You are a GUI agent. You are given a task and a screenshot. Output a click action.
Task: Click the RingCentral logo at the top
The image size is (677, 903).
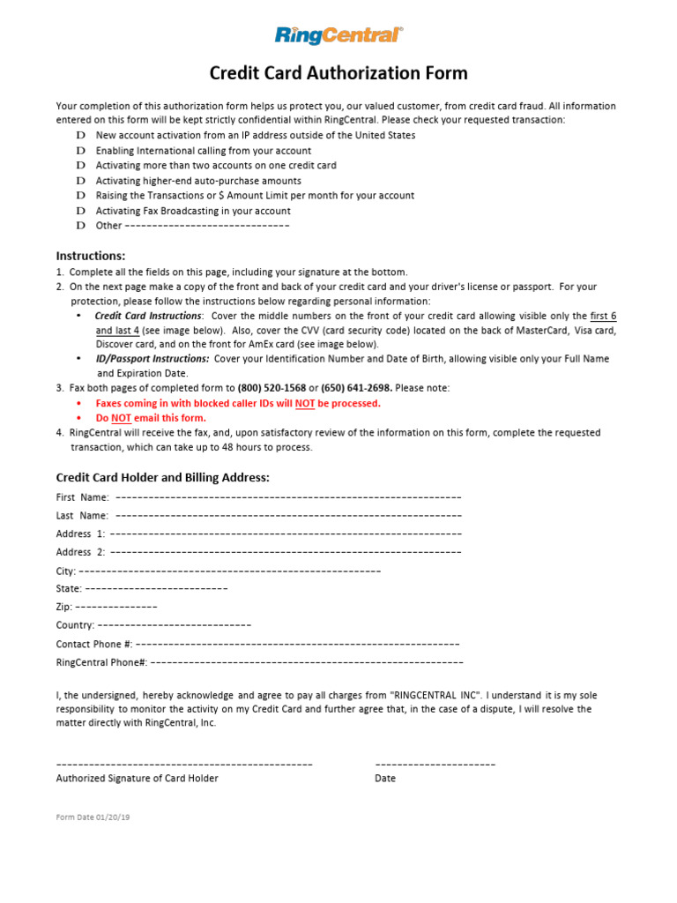(338, 35)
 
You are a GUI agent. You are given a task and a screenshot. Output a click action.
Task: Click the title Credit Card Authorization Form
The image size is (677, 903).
(338, 73)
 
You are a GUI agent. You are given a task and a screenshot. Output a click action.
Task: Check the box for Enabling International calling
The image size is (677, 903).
(80, 151)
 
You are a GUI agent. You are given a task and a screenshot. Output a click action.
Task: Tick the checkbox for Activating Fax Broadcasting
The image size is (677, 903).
(80, 211)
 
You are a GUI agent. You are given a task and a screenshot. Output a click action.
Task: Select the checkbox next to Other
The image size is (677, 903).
(80, 226)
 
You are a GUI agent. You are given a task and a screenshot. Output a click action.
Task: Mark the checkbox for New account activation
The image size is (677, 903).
(80, 136)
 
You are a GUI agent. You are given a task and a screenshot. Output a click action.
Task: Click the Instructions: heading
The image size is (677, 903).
(91, 256)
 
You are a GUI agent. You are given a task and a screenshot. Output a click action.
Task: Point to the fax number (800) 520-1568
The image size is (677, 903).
(272, 388)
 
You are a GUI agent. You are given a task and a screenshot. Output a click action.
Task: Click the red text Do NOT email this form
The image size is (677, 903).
(151, 418)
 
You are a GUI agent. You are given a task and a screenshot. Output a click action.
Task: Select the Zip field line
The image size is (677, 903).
(116, 607)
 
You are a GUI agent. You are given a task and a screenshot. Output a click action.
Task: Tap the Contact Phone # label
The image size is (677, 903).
(94, 644)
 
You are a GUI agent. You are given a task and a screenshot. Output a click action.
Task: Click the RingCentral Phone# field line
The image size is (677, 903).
(307, 662)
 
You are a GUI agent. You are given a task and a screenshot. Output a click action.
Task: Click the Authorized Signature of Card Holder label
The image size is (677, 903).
(138, 779)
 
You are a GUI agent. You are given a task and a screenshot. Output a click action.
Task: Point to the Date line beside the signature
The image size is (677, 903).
(435, 764)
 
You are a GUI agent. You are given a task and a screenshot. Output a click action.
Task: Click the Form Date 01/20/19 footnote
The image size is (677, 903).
(93, 817)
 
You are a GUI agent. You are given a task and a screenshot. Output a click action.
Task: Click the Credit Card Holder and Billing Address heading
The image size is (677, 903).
(162, 478)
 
